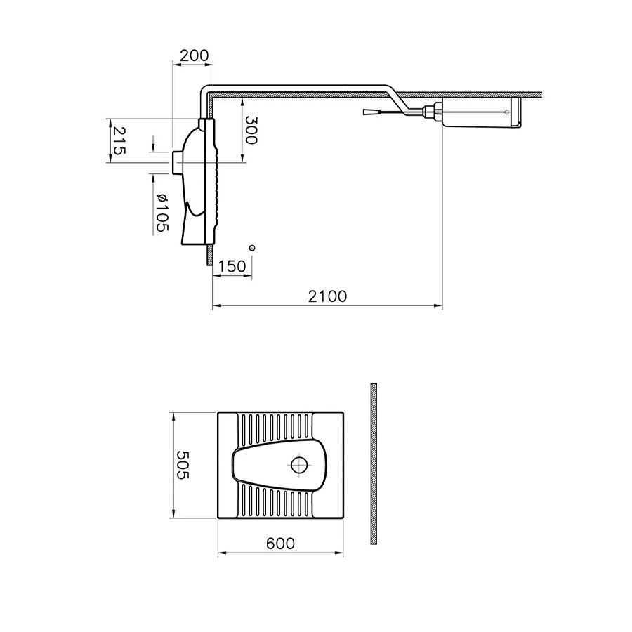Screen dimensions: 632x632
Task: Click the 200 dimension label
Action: [x=195, y=55]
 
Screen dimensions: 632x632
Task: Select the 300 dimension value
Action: [x=251, y=130]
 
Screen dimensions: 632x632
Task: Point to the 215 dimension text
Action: [x=119, y=140]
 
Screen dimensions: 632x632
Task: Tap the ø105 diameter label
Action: [x=162, y=212]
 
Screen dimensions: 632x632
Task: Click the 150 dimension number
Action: [x=232, y=266]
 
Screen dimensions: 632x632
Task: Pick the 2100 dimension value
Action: [x=327, y=296]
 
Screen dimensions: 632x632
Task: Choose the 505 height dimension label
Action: [x=183, y=465]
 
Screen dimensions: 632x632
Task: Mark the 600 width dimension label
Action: [x=280, y=544]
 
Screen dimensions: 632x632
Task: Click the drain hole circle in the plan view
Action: [x=298, y=465]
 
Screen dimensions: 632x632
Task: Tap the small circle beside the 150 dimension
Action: [x=252, y=248]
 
